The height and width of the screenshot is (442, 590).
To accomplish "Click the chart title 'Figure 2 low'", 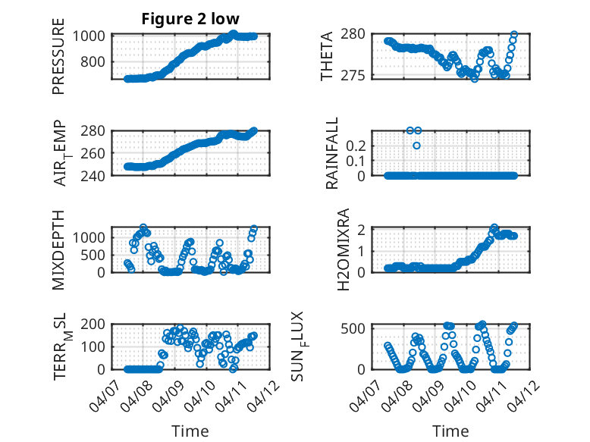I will click(x=190, y=19).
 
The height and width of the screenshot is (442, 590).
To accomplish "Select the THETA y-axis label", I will click(x=327, y=58).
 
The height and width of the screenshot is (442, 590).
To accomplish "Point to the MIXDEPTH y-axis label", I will click(x=58, y=249).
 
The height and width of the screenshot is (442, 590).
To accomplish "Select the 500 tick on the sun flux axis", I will click(x=359, y=328).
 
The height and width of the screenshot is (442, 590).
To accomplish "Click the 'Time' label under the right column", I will click(x=450, y=431).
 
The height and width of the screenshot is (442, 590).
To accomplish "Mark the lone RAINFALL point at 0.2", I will click(x=416, y=145).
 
